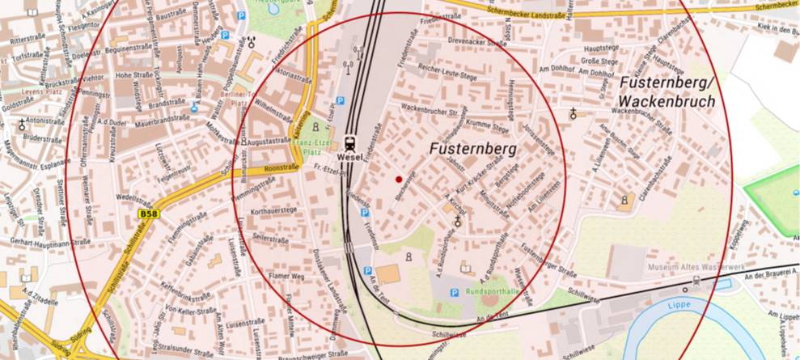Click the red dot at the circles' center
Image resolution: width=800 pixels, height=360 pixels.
pos(398,179)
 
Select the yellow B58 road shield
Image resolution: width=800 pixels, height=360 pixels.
pos(148,214)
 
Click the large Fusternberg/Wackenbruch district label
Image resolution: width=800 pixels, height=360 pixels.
pos(667,92)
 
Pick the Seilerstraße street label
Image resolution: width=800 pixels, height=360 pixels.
pos(272,239)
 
